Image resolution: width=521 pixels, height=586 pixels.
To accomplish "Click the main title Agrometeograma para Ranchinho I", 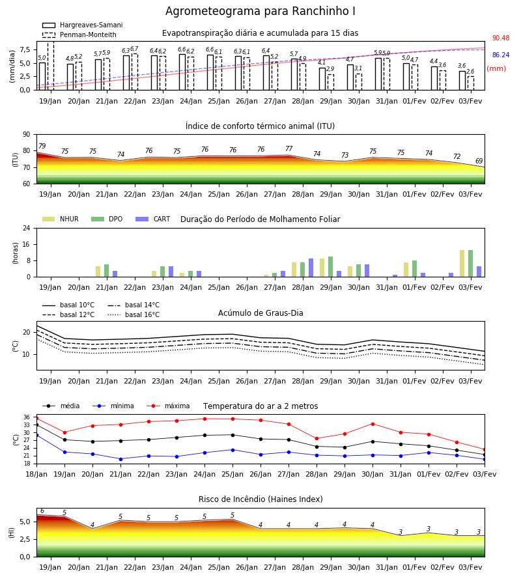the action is tap(260, 11).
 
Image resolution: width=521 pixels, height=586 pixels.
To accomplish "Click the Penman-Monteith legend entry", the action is tap(79, 35).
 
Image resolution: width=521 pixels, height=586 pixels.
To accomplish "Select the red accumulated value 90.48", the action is tap(501, 38).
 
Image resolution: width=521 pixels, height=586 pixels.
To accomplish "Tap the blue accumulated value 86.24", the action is tap(501, 55).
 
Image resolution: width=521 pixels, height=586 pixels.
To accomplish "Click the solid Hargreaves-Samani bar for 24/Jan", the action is tap(182, 72).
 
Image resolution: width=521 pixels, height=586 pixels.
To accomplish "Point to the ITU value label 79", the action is tap(42, 146).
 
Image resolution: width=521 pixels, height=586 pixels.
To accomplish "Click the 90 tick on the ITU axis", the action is tap(26, 135).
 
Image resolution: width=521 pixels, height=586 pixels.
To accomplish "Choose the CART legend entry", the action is tap(152, 219).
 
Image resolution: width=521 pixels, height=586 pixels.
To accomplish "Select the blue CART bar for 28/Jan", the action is tap(311, 268).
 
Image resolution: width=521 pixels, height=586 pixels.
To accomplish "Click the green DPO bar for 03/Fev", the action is tap(471, 264).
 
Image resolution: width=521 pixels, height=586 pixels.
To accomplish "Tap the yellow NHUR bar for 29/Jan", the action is tap(322, 268).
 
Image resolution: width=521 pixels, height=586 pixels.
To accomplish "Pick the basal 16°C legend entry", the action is tap(134, 314).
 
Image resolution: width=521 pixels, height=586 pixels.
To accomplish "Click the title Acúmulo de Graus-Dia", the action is tap(260, 313).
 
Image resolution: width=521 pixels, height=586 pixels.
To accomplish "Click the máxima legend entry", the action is tap(168, 406).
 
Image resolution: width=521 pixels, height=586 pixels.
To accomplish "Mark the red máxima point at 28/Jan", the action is tap(317, 438).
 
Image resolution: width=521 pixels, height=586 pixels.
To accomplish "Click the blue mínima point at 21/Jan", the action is tap(120, 459).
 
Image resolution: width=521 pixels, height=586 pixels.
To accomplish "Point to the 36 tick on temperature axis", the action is tap(27, 417).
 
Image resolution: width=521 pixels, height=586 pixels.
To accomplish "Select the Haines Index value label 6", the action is tap(42, 511).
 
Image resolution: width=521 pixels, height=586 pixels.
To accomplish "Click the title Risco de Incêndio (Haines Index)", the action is tap(260, 499).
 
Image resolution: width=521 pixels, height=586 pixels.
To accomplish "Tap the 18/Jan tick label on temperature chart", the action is tap(36, 474).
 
